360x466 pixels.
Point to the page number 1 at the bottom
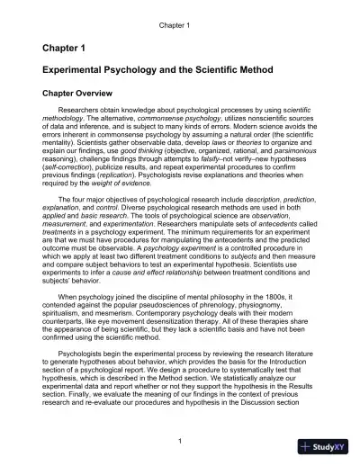pyautogui.click(x=181, y=440)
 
